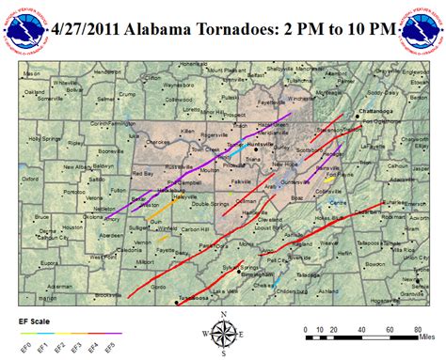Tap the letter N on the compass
(223, 315)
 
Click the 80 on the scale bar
(417, 330)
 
